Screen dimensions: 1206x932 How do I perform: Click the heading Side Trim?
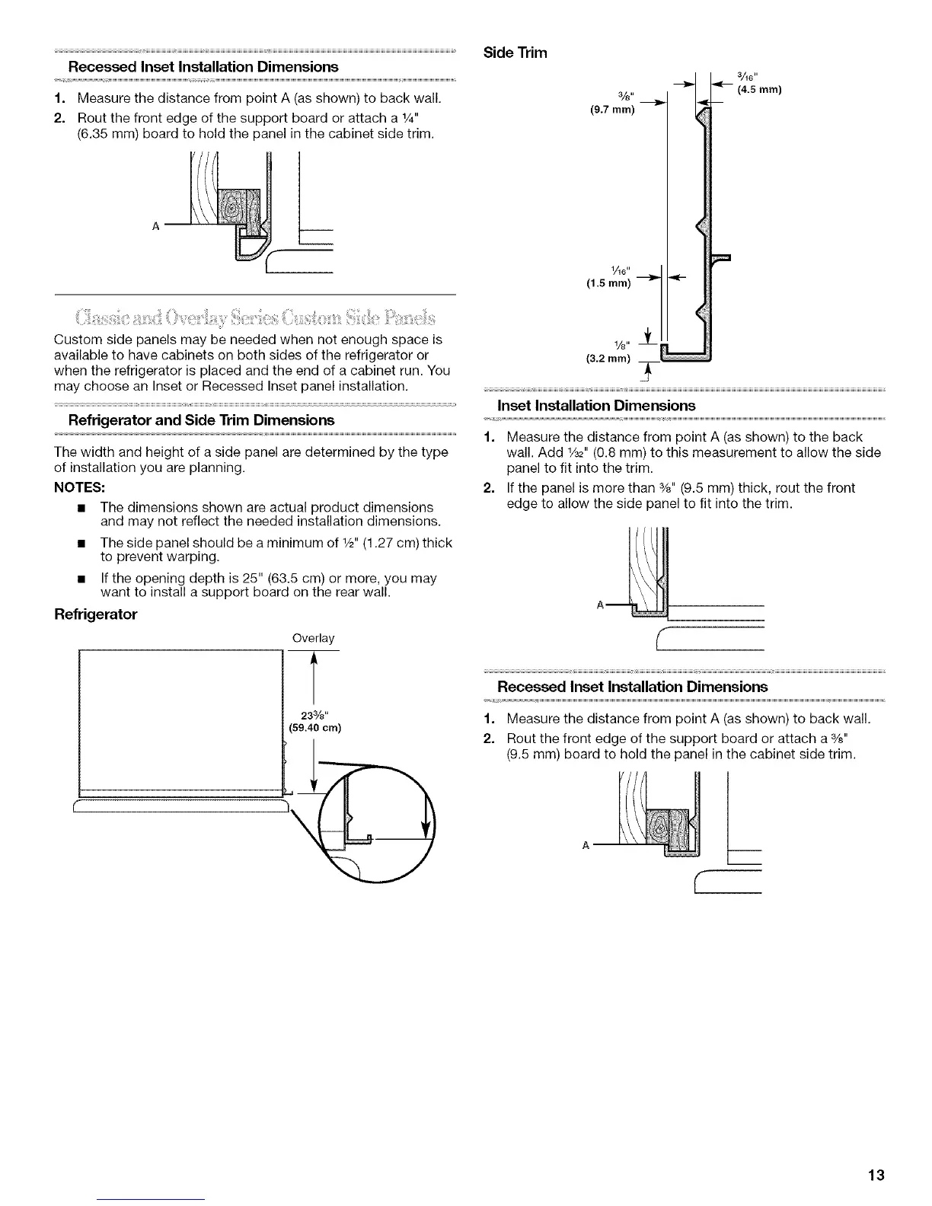[515, 53]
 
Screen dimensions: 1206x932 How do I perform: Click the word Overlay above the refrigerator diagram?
[313, 637]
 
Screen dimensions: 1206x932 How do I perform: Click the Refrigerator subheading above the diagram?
[95, 614]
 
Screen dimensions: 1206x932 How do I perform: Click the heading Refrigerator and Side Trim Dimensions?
[201, 420]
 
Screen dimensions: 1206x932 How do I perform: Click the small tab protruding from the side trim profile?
[720, 257]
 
